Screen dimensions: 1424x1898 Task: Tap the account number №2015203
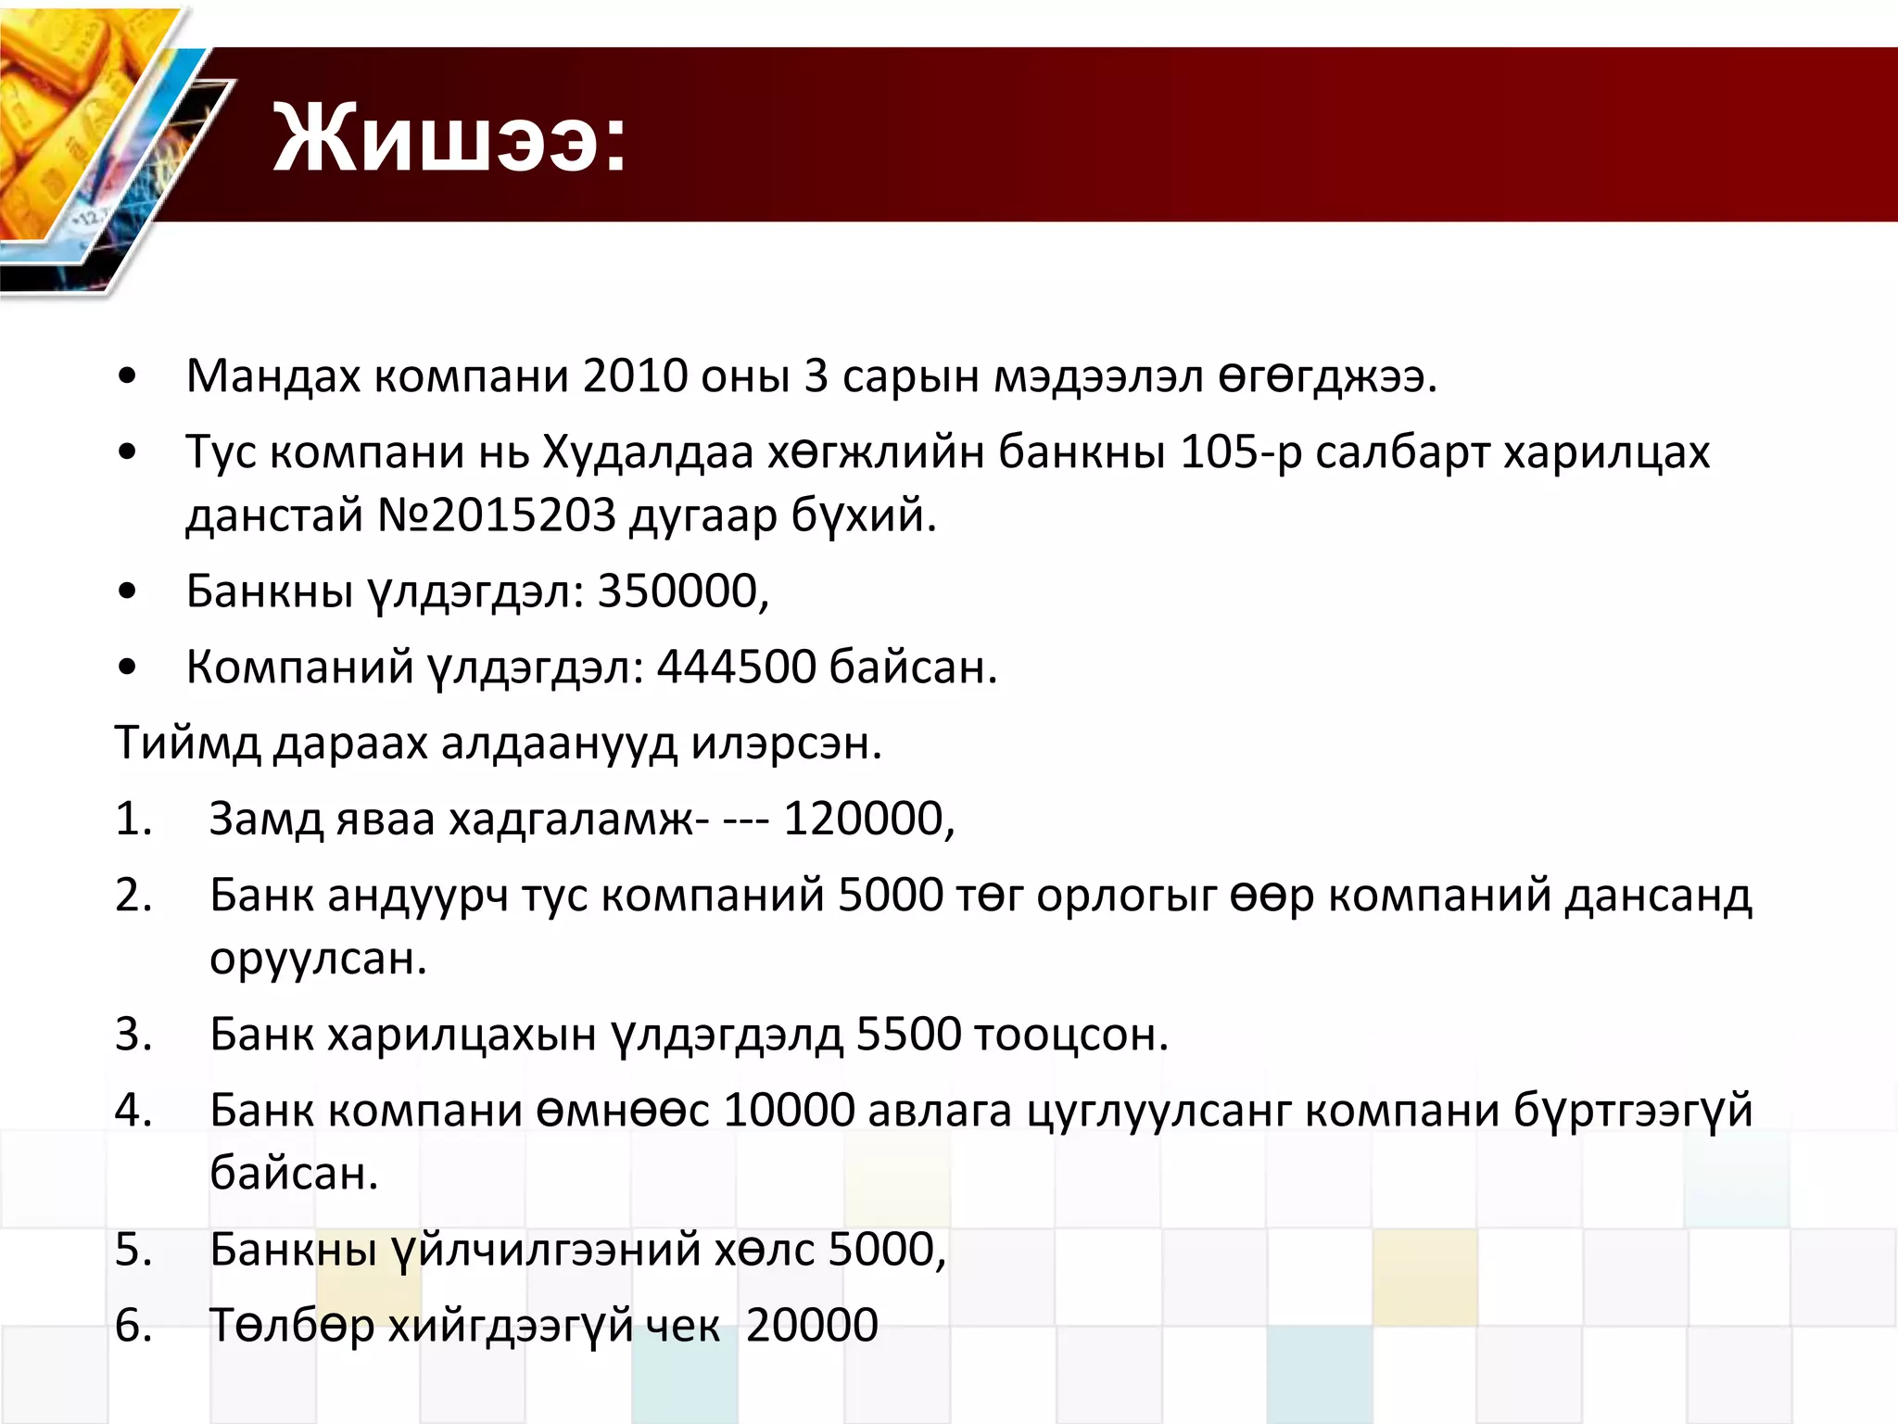(x=496, y=515)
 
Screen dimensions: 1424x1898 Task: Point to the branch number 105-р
(x=1241, y=452)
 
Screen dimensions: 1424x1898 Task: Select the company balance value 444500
(x=736, y=667)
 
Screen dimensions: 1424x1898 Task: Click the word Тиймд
(x=187, y=744)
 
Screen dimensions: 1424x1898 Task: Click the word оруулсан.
(x=317, y=959)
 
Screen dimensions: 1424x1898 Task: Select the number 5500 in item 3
(x=908, y=1035)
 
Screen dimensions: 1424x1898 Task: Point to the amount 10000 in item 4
(x=789, y=1111)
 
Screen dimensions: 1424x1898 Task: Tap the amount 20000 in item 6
(x=812, y=1326)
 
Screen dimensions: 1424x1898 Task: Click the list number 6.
(x=133, y=1326)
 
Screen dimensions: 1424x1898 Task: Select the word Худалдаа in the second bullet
(x=648, y=452)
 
